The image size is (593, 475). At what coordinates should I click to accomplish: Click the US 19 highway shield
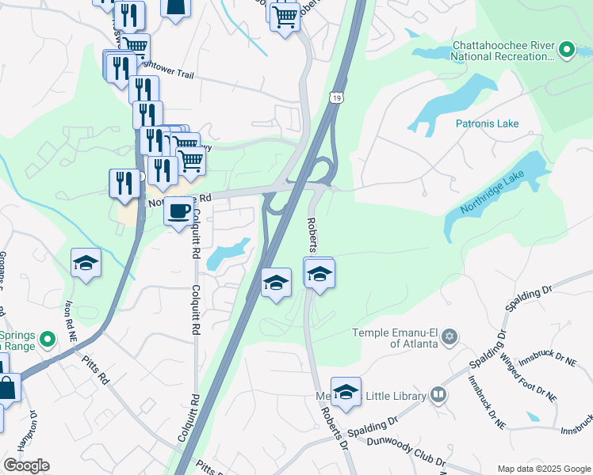(338, 97)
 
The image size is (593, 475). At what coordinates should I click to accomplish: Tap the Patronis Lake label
(487, 123)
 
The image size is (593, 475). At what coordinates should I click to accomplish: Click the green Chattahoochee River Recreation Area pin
(566, 51)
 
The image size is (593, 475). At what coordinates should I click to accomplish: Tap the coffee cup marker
(180, 211)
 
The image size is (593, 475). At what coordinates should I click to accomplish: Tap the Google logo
(26, 465)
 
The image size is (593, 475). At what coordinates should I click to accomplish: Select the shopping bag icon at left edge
(7, 389)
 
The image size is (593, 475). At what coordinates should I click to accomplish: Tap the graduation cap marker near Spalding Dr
(346, 391)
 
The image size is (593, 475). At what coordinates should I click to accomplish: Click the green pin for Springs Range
(47, 340)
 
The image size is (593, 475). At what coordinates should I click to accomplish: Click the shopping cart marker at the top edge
(285, 16)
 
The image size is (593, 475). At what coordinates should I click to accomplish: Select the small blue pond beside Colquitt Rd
(226, 255)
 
